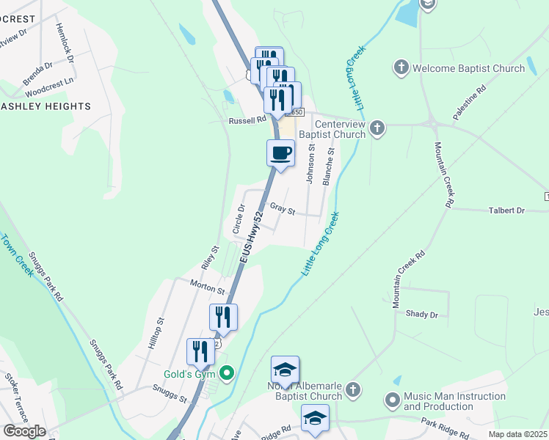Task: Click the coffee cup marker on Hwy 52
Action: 280,153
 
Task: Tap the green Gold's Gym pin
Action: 227,374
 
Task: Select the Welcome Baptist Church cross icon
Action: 401,68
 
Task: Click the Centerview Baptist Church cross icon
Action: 377,129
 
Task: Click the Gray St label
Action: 282,210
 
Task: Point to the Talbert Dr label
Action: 507,210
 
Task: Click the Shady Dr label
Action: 421,314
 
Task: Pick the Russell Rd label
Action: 247,120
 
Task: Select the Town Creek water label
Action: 16,255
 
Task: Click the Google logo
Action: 24,431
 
